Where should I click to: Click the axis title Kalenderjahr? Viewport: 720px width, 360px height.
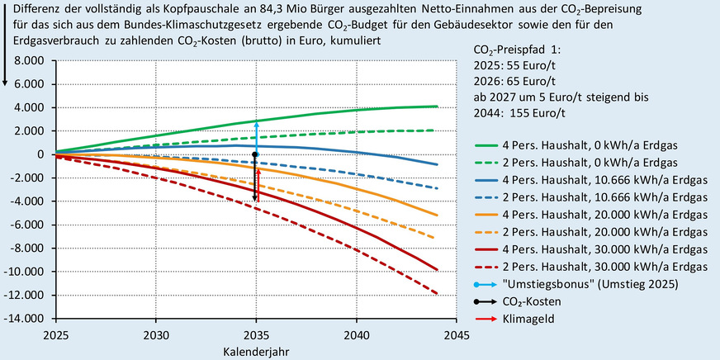(x=256, y=351)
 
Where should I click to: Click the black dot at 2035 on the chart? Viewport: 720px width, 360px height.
(x=256, y=154)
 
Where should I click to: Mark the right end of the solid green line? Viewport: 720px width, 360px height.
(x=437, y=106)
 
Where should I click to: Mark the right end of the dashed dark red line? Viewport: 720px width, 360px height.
(x=437, y=292)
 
